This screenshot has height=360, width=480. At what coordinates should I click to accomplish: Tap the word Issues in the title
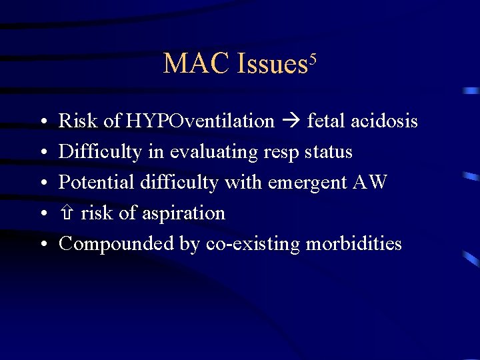tap(271, 64)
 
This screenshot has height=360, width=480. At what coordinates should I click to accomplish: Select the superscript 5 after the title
tap(311, 57)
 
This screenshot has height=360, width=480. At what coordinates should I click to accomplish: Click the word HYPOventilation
tap(200, 121)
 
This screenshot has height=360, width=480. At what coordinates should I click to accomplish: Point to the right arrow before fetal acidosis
tap(291, 121)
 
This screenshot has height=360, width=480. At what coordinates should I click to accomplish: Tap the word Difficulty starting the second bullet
tap(100, 152)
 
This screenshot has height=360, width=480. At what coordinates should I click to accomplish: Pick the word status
tap(328, 152)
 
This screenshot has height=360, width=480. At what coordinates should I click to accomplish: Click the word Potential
tap(97, 183)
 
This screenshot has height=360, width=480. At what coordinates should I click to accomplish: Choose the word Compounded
tap(117, 244)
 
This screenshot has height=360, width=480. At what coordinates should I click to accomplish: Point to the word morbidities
tap(353, 244)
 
